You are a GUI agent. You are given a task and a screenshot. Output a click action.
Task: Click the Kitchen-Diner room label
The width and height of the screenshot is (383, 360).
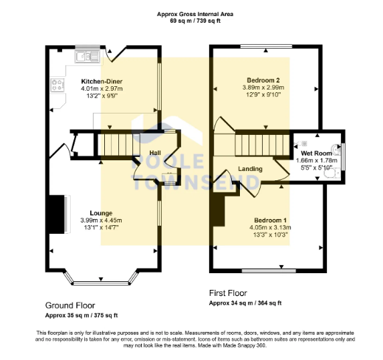(x=102, y=81)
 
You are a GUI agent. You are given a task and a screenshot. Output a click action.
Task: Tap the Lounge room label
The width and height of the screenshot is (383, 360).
(x=101, y=213)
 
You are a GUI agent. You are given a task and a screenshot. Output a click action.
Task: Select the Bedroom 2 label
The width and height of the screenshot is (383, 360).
(x=263, y=80)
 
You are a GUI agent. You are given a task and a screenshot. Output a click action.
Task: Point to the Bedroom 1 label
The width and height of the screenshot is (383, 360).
(x=271, y=220)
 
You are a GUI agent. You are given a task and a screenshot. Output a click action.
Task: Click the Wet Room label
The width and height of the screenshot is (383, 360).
(x=316, y=153)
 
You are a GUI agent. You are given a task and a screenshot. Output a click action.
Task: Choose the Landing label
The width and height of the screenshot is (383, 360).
(x=251, y=169)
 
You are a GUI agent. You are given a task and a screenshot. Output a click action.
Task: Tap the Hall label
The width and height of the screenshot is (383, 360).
(x=155, y=153)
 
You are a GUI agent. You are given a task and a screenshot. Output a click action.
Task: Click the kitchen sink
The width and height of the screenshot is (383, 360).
(x=88, y=56)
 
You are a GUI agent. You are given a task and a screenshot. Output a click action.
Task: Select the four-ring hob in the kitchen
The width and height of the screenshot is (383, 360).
(x=57, y=85)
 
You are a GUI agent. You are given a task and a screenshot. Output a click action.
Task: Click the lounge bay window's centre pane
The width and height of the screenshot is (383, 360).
(x=101, y=283)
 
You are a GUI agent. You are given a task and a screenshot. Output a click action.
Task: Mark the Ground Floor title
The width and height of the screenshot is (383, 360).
(x=70, y=305)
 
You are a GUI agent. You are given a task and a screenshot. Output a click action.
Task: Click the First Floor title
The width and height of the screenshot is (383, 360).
(x=228, y=293)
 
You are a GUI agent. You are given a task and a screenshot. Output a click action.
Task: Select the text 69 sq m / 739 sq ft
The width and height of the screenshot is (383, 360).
(x=195, y=21)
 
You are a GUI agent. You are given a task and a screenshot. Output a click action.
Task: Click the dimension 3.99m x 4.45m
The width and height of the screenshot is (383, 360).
(x=101, y=220)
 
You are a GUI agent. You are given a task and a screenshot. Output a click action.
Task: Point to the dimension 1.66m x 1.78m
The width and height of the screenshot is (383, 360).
(x=317, y=160)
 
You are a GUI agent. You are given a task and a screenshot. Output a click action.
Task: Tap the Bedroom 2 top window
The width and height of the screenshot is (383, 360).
(x=267, y=46)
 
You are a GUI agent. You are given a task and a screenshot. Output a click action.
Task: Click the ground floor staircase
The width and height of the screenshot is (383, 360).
(x=119, y=145)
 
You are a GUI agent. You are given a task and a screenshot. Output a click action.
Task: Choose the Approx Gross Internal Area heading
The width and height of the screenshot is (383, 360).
(x=195, y=14)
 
